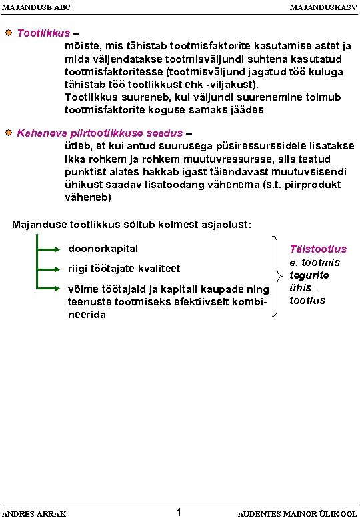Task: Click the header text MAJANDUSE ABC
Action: [x=36, y=7]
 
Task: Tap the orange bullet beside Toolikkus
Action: [x=8, y=32]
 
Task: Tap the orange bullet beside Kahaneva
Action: [x=8, y=133]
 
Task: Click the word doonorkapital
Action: [x=103, y=249]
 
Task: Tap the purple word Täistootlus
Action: [x=318, y=249]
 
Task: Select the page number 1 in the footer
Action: [x=178, y=512]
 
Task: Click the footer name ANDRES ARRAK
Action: [x=37, y=513]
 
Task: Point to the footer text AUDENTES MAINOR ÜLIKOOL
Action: [x=296, y=513]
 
